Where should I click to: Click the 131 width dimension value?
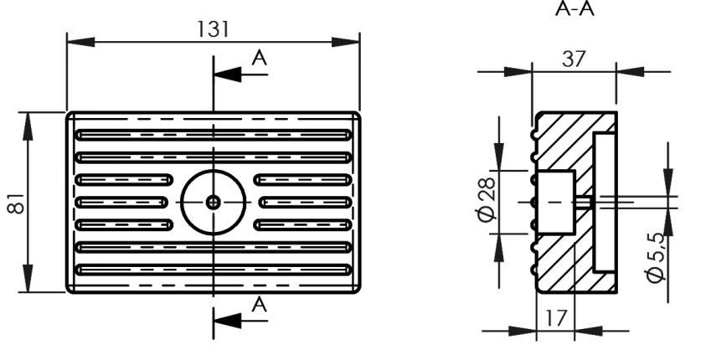coord(213,28)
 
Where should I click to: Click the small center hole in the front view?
coord(214,202)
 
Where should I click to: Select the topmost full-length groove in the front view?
coord(213,134)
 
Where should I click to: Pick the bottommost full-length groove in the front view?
coord(213,270)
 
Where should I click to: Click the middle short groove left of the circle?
coord(124,202)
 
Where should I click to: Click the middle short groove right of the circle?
coord(302,202)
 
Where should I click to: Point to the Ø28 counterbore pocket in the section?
coord(556,202)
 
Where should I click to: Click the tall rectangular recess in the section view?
coord(605,202)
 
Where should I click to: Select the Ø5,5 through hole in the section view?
coord(585,202)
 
